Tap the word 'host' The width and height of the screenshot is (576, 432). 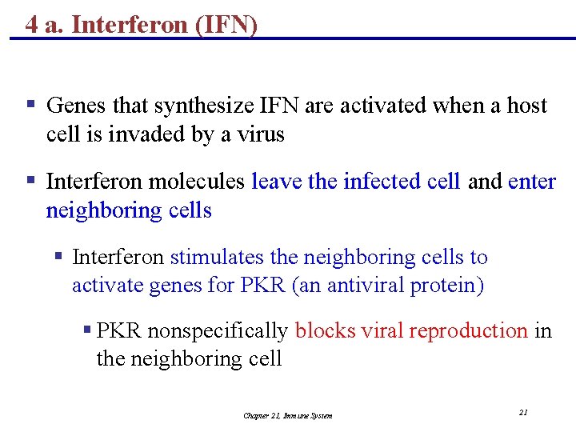527,106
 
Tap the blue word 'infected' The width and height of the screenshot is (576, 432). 375,182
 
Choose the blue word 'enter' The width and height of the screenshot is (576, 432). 532,182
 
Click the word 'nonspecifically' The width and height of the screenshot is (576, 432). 218,330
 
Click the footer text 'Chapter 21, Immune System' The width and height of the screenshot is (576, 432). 288,415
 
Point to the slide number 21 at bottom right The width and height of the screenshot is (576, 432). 523,413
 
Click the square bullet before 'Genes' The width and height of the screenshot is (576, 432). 30,104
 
